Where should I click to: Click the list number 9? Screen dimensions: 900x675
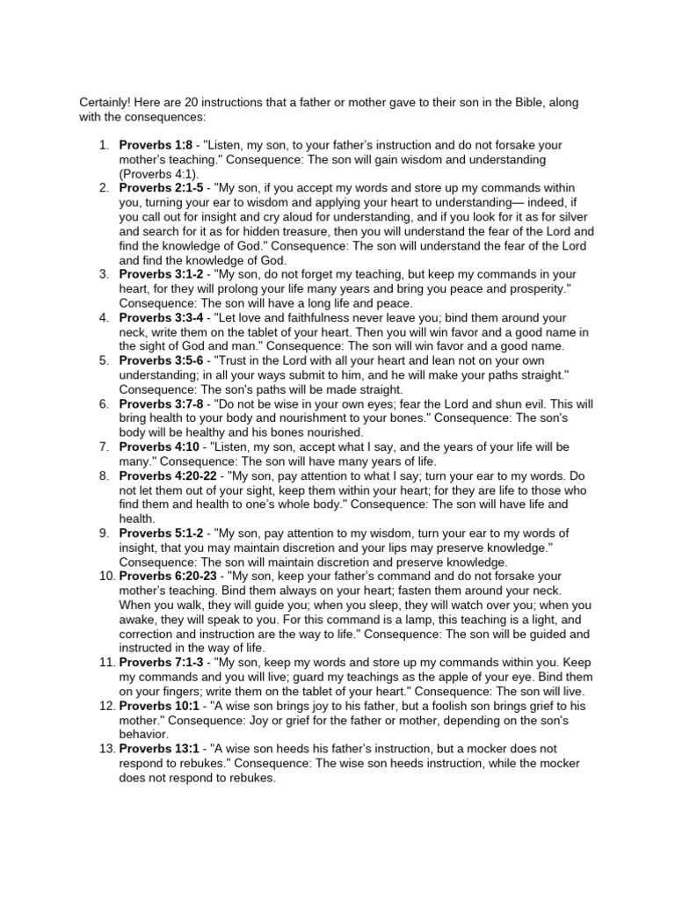(x=104, y=533)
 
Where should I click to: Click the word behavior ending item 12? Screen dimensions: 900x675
(x=146, y=734)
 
